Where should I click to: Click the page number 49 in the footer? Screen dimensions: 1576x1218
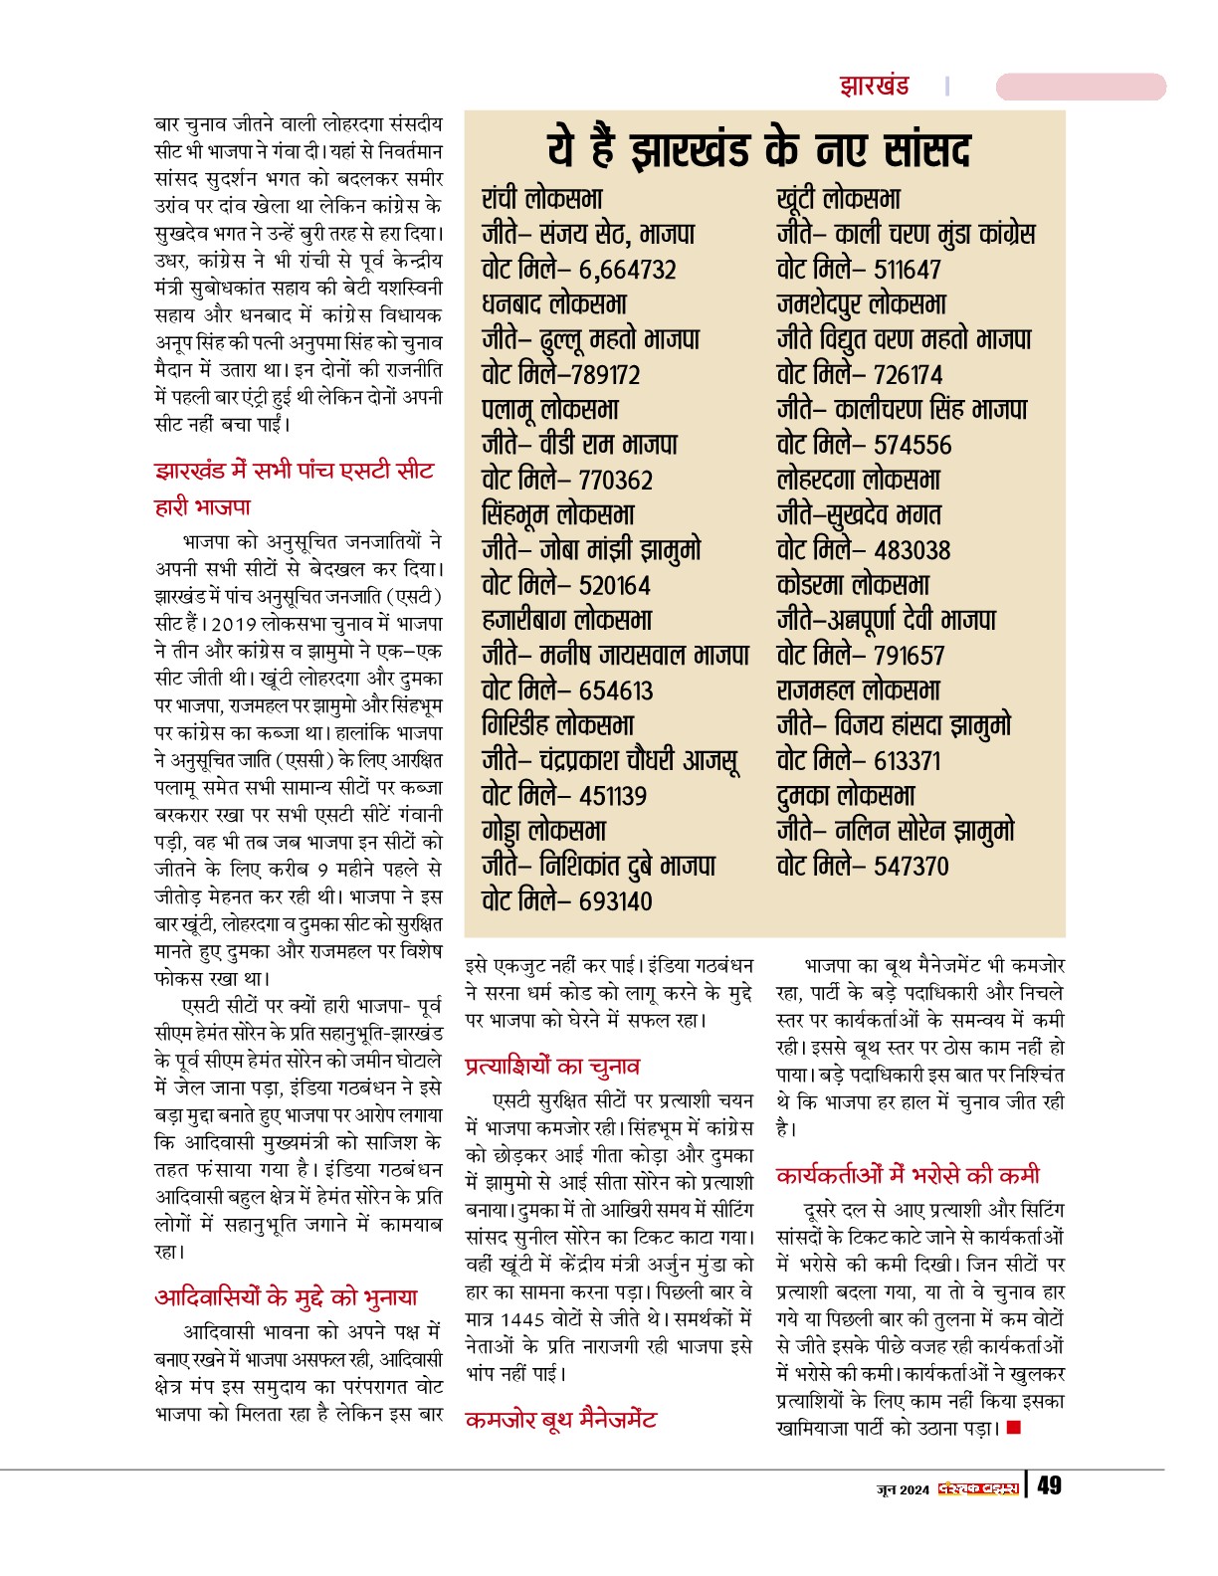[x=1049, y=1486]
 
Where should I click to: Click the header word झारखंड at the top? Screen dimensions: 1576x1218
[x=874, y=86]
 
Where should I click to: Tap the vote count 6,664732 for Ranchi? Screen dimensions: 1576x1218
[x=627, y=270]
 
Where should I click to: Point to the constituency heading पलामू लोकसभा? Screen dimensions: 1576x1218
[x=549, y=409]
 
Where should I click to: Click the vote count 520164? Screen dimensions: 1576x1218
[x=615, y=585]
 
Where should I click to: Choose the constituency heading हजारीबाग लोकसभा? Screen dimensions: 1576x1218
[x=566, y=620]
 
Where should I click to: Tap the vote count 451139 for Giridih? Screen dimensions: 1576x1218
[x=612, y=796]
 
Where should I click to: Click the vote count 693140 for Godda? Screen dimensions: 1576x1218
[x=615, y=901]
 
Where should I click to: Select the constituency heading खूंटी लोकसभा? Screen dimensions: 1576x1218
[x=838, y=199]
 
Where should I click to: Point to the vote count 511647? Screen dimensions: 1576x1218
[x=907, y=270]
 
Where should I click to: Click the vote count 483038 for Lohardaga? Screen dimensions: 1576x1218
[x=912, y=550]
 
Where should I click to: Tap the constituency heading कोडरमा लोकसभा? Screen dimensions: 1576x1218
[x=853, y=585]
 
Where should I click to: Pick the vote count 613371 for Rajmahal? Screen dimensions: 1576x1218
[x=907, y=761]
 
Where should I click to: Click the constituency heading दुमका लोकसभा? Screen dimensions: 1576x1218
[x=845, y=796]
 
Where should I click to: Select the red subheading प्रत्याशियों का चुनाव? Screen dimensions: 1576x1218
[x=552, y=1067]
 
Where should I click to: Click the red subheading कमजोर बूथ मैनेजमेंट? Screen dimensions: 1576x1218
[x=560, y=1420]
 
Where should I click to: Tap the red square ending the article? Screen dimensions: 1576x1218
[x=1014, y=1429]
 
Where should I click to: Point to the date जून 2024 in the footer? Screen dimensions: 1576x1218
[x=903, y=1489]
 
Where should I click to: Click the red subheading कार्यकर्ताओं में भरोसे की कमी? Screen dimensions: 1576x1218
[x=908, y=1175]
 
